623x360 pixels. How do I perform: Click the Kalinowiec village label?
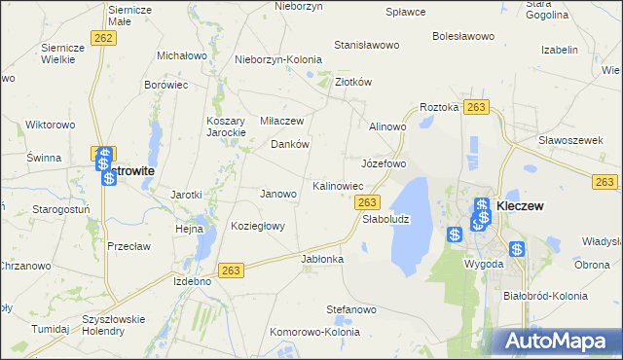click(x=338, y=185)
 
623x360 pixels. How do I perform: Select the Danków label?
click(x=290, y=144)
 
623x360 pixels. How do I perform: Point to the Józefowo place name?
click(x=384, y=163)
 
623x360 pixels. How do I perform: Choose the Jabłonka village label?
click(x=323, y=260)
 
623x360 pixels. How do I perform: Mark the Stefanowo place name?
click(x=351, y=309)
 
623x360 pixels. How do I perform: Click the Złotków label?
click(x=354, y=83)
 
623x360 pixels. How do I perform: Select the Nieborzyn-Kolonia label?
click(x=278, y=59)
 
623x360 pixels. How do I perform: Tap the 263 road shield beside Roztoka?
click(x=476, y=106)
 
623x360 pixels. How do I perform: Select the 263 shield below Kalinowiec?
click(x=367, y=202)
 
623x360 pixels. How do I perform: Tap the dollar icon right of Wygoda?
click(x=517, y=249)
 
